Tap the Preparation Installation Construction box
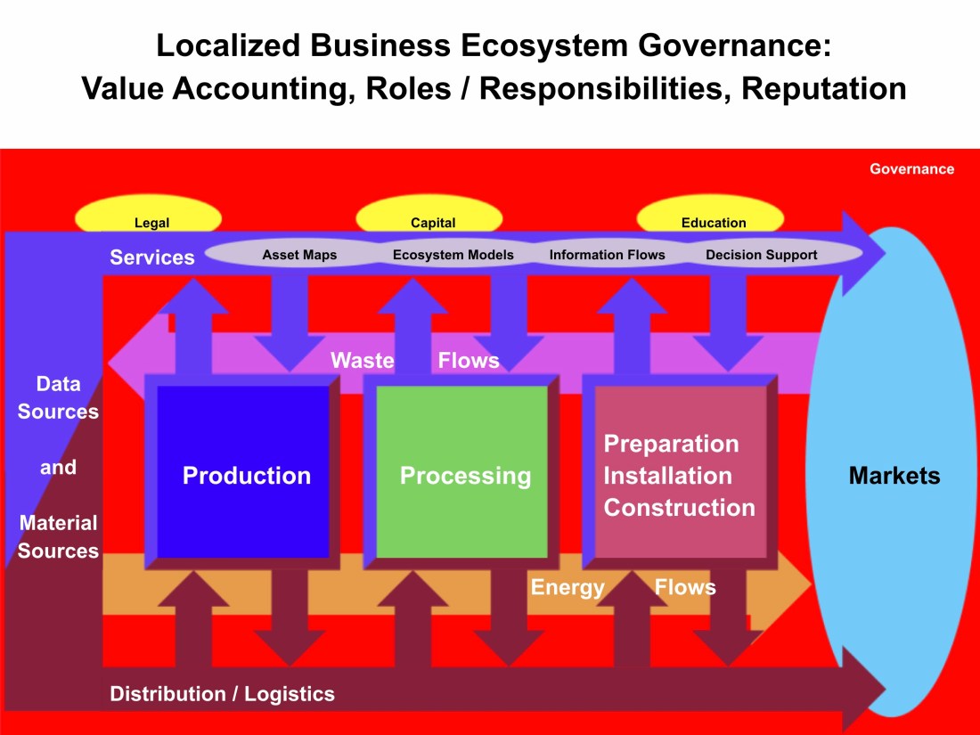click(680, 472)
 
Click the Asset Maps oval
click(299, 255)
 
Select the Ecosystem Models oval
click(453, 255)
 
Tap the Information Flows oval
click(607, 255)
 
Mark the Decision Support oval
click(761, 255)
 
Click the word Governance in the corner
click(911, 169)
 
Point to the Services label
click(151, 257)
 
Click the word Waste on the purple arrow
click(363, 361)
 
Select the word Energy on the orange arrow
click(568, 588)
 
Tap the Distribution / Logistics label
click(222, 694)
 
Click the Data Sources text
click(58, 398)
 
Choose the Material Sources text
click(58, 537)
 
